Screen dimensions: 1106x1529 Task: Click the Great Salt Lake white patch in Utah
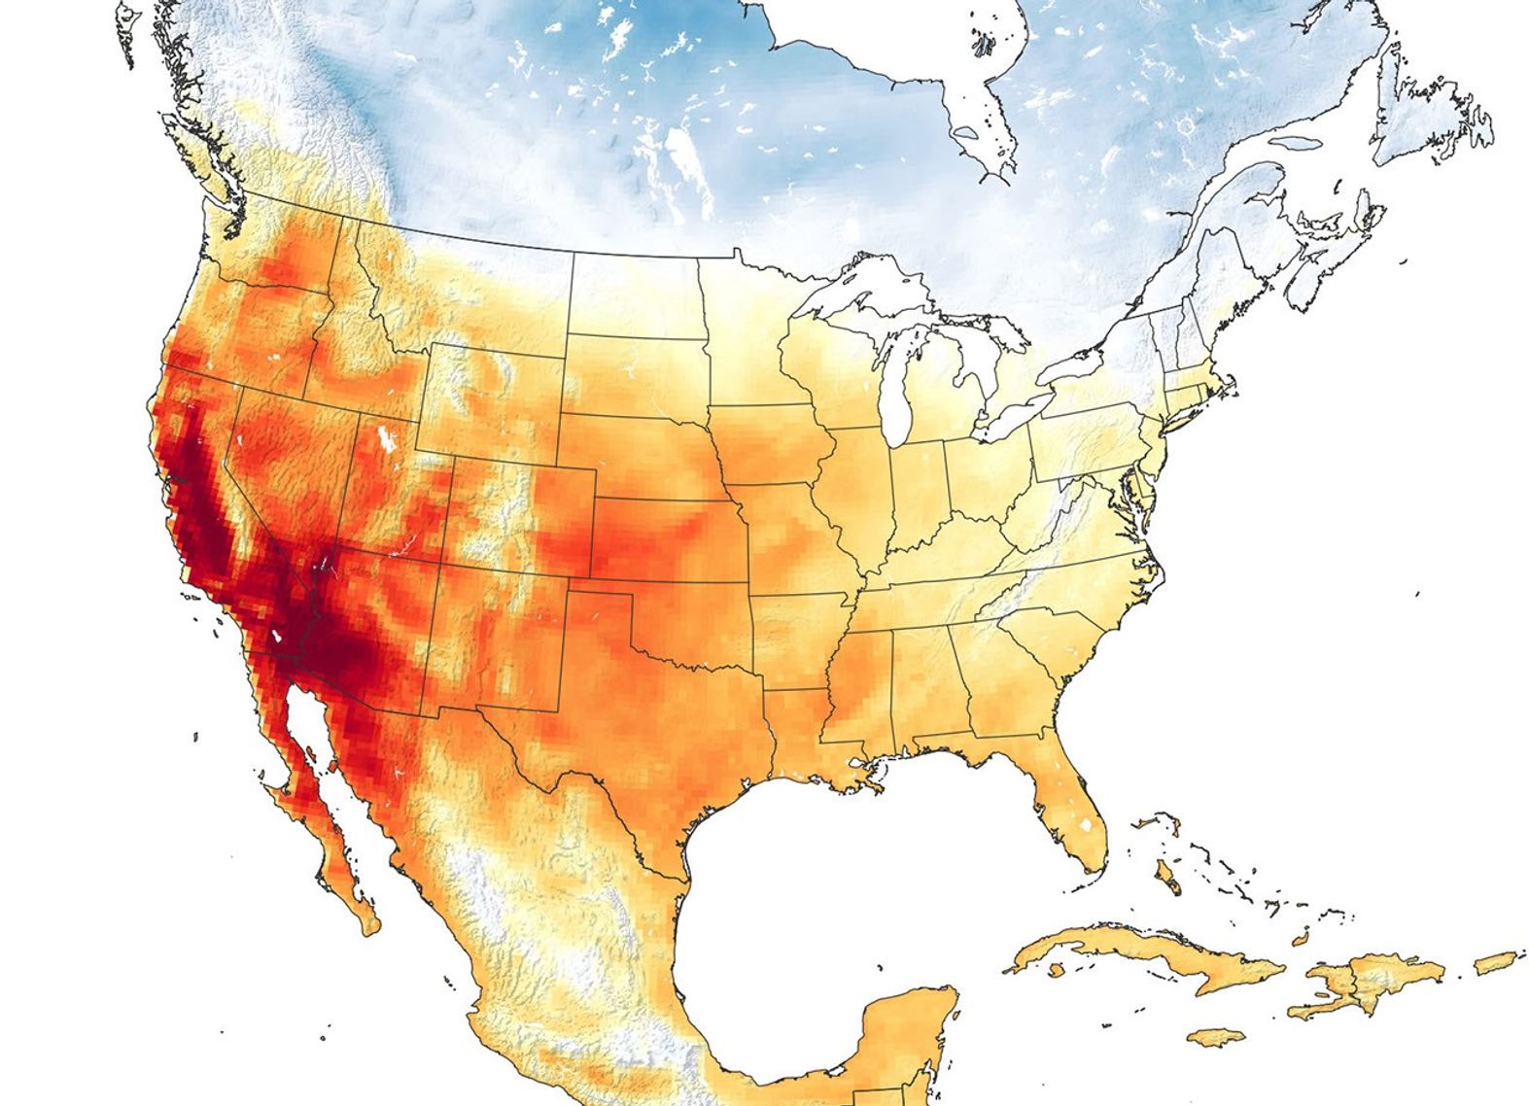[x=389, y=438]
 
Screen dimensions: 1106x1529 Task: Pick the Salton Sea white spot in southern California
[x=279, y=638]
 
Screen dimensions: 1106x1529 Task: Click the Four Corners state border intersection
[x=442, y=564]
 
